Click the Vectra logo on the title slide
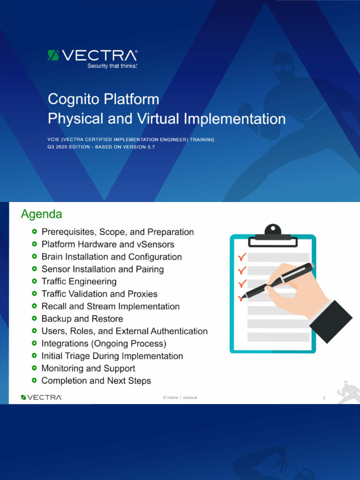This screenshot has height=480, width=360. click(92, 56)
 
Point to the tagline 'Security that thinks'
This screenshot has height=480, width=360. click(112, 66)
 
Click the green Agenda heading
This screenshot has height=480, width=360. click(42, 214)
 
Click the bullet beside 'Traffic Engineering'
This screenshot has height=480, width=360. click(35, 282)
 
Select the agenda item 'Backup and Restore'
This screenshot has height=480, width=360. click(82, 319)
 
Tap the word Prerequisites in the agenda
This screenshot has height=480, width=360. click(68, 232)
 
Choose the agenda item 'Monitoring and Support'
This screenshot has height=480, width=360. click(88, 368)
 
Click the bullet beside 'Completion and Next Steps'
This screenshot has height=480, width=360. click(35, 381)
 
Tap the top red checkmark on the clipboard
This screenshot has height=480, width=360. click(242, 257)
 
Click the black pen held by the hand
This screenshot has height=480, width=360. click(281, 281)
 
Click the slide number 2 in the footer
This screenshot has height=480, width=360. click(324, 398)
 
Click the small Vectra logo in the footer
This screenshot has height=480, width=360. click(41, 397)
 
